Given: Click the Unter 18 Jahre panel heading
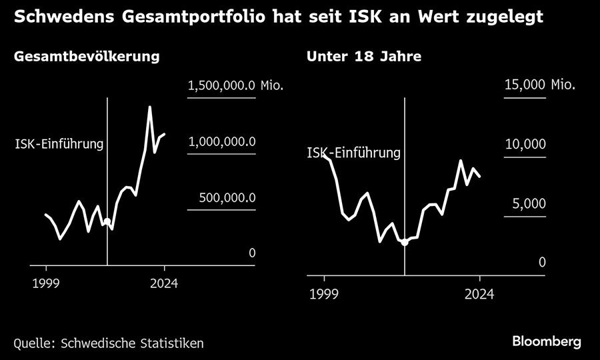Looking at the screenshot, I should click(x=363, y=57).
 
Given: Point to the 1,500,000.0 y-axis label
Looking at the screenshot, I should click(x=222, y=85).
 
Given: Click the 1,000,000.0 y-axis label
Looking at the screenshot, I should click(x=222, y=142).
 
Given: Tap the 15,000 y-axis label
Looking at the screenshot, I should click(x=525, y=85).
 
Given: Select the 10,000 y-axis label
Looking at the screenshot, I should click(x=525, y=145).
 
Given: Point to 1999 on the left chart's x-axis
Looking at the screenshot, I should click(x=45, y=284).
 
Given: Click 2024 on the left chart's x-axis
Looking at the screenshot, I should click(x=164, y=284).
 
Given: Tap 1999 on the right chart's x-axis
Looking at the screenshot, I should click(x=324, y=293).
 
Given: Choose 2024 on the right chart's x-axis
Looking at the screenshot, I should click(x=479, y=293).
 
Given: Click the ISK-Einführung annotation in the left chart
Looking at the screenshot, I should click(x=59, y=143).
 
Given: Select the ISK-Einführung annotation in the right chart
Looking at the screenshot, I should click(x=353, y=153).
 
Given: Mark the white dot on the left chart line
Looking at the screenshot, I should click(x=107, y=221).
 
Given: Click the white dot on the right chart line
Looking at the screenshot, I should click(x=404, y=242).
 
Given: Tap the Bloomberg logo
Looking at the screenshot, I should click(x=547, y=341).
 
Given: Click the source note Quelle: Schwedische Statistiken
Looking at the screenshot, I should click(x=109, y=343).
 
